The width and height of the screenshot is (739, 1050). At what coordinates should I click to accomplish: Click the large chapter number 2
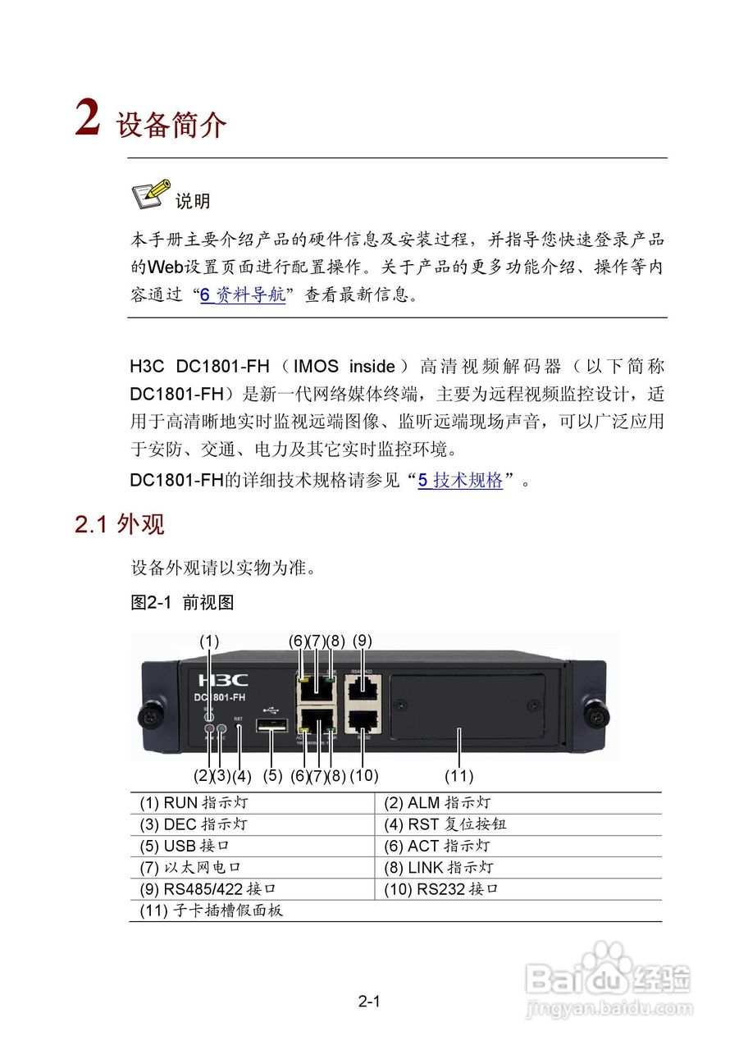88,120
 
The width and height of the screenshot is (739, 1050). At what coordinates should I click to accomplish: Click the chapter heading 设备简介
171,126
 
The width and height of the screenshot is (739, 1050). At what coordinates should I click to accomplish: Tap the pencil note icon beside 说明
150,194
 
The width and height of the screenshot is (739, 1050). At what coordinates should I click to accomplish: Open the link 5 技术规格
460,481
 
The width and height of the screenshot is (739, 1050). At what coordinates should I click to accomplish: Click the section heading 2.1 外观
120,524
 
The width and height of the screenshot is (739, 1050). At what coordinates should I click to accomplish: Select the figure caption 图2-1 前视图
182,603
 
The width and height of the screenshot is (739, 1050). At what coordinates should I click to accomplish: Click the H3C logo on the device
222,680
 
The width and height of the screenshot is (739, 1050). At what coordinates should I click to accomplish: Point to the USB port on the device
271,726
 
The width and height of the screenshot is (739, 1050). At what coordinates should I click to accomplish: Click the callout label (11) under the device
459,775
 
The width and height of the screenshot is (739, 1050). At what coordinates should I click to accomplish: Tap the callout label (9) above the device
363,641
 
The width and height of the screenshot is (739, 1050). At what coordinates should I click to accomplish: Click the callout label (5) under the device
272,775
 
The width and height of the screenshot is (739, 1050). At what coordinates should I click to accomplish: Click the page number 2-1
370,1001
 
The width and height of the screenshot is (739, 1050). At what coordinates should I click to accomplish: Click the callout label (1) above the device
210,641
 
